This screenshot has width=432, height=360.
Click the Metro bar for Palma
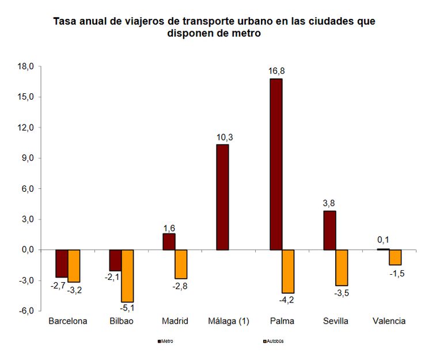click(276, 164)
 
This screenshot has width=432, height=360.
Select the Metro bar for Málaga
click(222, 197)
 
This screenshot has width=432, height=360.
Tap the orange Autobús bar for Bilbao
click(127, 276)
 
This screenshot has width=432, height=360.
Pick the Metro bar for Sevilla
click(329, 230)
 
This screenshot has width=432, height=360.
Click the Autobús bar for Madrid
click(181, 264)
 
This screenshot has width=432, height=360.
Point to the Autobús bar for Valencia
click(395, 257)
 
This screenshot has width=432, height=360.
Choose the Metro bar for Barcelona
click(62, 264)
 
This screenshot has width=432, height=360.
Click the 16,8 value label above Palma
click(276, 71)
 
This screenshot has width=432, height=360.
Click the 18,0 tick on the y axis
click(27, 66)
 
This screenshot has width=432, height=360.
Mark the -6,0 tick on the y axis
click(26, 311)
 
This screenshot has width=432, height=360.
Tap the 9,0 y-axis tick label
click(29, 158)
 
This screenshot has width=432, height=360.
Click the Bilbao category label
click(121, 321)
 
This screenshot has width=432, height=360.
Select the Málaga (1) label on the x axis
click(228, 321)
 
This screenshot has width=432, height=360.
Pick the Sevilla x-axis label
click(336, 321)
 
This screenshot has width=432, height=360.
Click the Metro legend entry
click(166, 341)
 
